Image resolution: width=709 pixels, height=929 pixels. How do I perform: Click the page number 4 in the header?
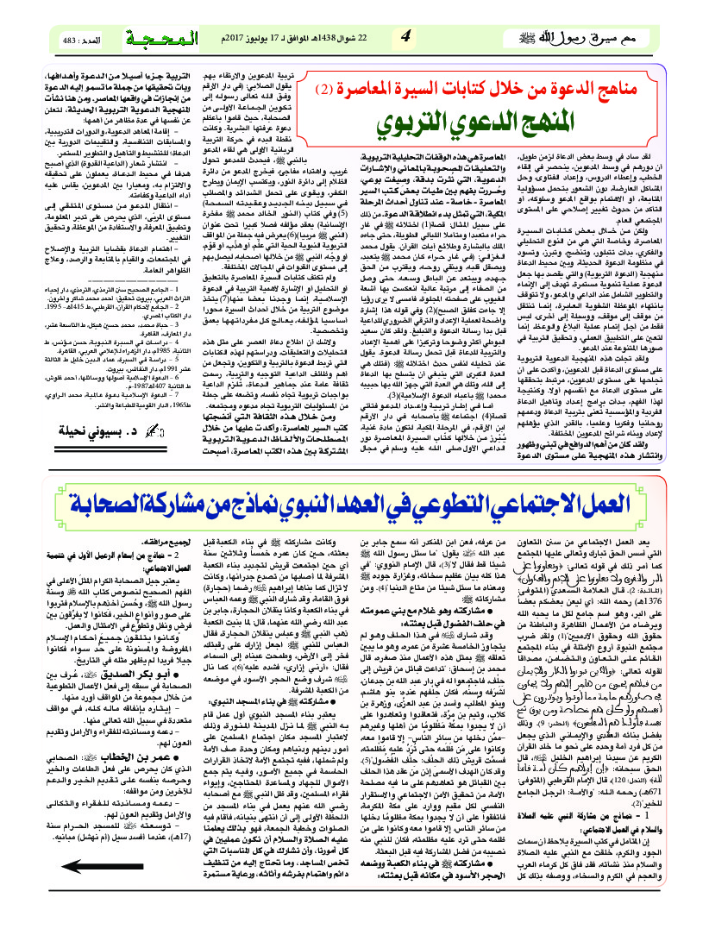pos(405,38)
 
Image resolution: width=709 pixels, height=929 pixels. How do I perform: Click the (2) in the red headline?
pos(322,89)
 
